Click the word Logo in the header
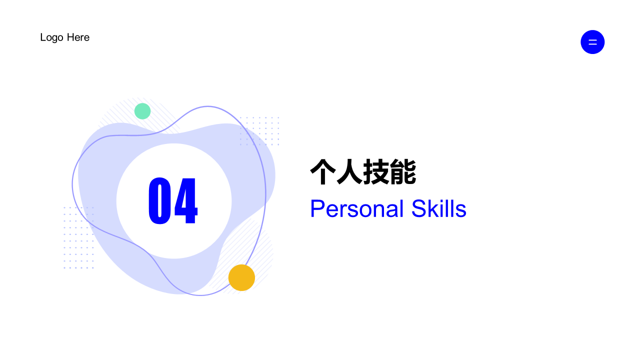click(x=52, y=38)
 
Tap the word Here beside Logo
click(x=78, y=37)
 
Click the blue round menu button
click(x=592, y=42)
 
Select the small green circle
click(x=142, y=111)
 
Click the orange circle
click(x=241, y=277)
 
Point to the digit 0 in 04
click(x=159, y=200)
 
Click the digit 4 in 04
click(x=186, y=200)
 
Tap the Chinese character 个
click(x=323, y=172)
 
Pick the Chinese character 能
click(x=403, y=172)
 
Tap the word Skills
click(x=438, y=209)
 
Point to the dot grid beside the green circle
click(x=259, y=131)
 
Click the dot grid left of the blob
click(x=78, y=237)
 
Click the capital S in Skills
click(x=418, y=209)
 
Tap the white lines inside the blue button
click(x=592, y=42)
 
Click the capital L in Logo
click(x=43, y=37)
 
